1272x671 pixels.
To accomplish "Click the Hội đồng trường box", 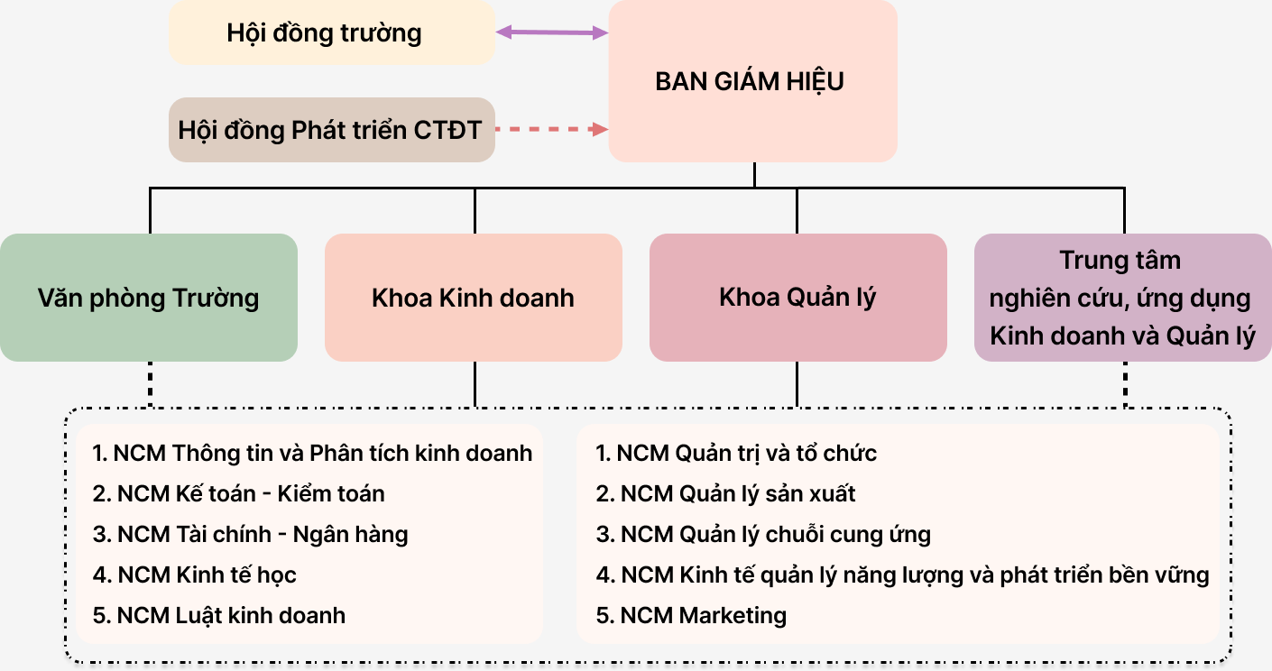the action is pos(332,32).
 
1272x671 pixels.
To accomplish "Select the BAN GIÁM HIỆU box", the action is pos(753,81).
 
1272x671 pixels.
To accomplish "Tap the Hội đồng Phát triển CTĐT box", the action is pos(332,130).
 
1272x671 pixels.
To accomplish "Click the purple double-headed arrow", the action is pos(552,32).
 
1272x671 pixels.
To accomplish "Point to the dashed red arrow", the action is pos(552,130).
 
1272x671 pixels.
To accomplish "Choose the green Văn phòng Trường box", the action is pos(149,298).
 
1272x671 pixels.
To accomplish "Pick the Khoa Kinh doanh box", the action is pos(474,298).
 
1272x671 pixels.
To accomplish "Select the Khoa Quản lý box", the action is pos(798,298).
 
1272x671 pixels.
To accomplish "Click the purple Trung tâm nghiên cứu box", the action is pos(1123,298).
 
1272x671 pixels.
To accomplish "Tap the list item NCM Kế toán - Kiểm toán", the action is pos(238,494).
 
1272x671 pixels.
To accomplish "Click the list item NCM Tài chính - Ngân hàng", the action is pos(251,535).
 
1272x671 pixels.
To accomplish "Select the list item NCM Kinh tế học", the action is pos(194,575).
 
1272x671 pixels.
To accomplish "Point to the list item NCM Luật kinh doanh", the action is pos(218,616).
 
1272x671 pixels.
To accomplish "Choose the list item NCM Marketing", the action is pos(691,616).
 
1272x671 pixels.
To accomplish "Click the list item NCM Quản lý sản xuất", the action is pos(725,494).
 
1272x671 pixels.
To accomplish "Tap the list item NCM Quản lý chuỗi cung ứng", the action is pos(763,535).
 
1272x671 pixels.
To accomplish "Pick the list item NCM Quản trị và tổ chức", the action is pos(736,453).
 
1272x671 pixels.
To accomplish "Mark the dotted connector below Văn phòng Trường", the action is pos(150,384).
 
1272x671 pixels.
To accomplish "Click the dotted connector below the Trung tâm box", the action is pos(1126,384).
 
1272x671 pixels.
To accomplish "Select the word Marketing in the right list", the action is pos(733,616).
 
